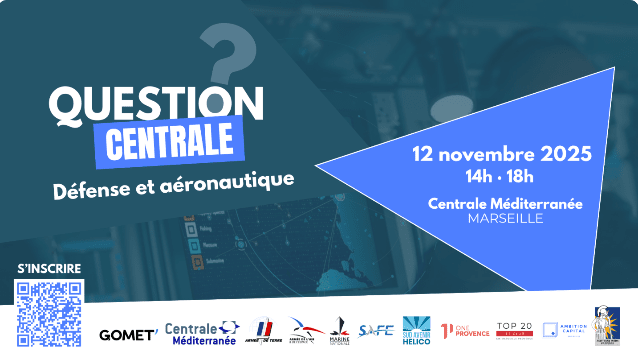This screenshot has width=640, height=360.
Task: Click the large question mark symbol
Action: tap(226, 59)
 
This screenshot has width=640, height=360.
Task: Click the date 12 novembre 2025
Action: tap(503, 155)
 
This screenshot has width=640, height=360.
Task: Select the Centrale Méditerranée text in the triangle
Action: tap(505, 203)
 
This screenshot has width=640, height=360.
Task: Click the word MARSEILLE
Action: tap(506, 218)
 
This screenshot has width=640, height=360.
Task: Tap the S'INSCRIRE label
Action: tap(49, 269)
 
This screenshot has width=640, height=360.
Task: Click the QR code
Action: tap(48, 313)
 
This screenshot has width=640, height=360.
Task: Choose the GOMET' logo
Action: tap(128, 333)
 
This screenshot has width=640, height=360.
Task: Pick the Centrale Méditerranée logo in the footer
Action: tap(201, 333)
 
